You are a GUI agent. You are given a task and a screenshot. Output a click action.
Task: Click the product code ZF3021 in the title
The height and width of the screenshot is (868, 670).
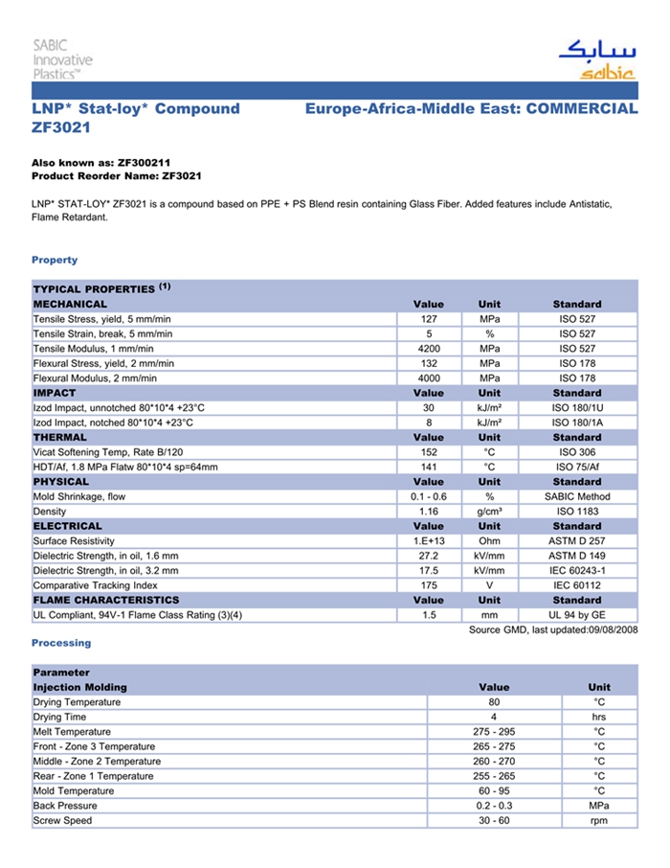[61, 127]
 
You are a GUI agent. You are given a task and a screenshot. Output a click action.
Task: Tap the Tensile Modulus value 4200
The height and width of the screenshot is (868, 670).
[429, 349]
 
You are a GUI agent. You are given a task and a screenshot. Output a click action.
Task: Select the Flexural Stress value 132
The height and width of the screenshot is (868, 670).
[429, 364]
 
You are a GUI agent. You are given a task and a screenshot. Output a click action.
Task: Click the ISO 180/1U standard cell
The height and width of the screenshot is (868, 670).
[577, 408]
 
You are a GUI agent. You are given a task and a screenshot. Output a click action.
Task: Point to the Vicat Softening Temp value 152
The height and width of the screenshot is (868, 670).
[429, 452]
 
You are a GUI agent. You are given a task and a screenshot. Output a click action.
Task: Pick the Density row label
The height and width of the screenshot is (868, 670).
[50, 512]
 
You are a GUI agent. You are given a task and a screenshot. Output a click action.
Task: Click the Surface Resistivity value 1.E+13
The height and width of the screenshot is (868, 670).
[429, 541]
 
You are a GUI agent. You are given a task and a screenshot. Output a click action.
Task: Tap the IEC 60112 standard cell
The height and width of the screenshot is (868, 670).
[577, 585]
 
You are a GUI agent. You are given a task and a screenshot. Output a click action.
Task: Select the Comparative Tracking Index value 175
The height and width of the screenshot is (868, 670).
[429, 585]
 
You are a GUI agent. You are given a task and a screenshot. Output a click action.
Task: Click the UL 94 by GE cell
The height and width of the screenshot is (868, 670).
[577, 615]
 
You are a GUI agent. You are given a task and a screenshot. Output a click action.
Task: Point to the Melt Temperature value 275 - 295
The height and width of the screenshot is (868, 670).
[494, 732]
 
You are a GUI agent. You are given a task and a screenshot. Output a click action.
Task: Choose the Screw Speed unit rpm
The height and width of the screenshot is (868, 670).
[599, 821]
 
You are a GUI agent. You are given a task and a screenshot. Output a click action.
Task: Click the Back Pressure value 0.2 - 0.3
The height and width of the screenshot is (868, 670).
[494, 806]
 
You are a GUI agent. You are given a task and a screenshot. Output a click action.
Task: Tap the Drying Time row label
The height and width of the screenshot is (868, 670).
[59, 717]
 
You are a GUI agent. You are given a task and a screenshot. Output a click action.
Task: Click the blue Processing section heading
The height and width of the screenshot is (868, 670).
[61, 643]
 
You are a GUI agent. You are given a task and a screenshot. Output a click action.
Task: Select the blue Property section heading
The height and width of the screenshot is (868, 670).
[55, 260]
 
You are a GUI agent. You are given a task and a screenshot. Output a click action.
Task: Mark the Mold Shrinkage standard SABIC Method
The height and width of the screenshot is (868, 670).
[577, 496]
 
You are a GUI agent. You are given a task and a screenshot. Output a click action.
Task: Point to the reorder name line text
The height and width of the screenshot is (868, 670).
[117, 177]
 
